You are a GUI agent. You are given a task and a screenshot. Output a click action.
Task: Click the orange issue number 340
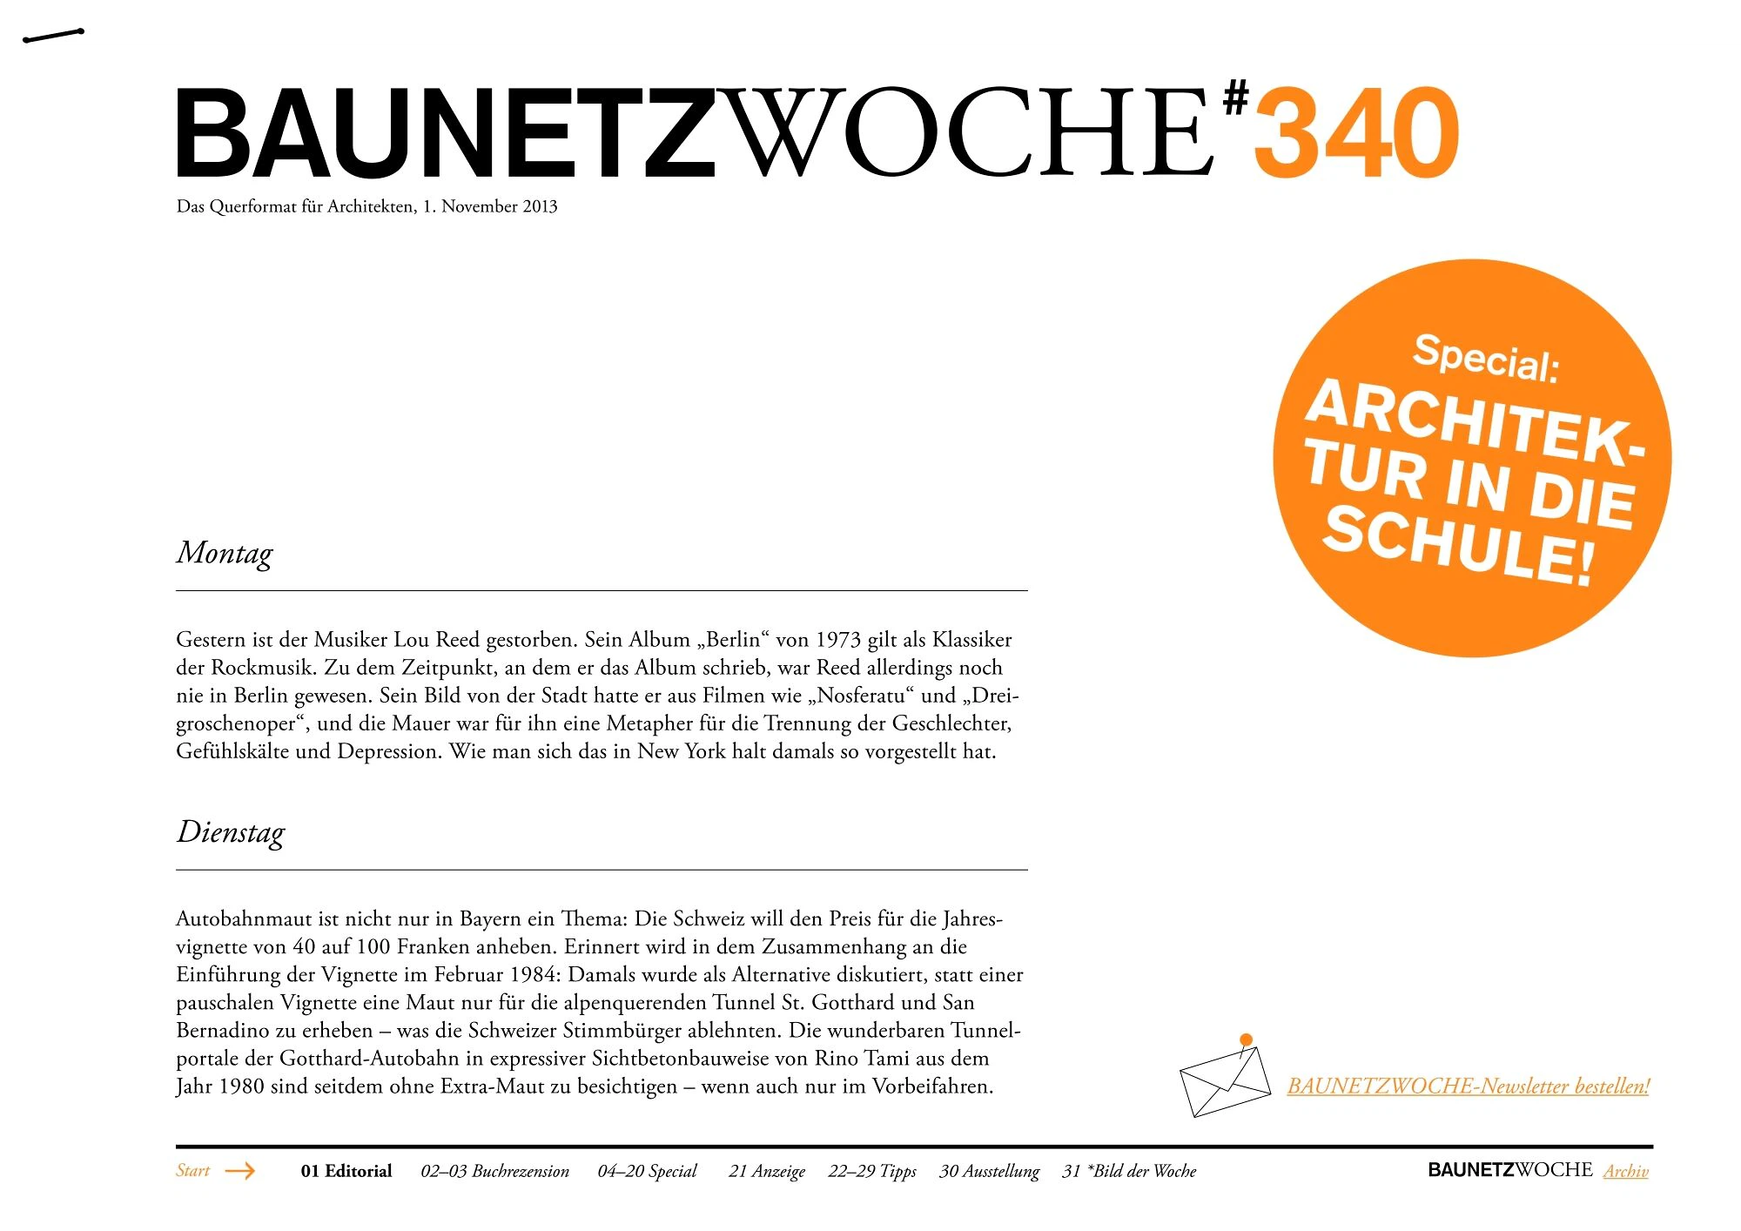tap(1355, 133)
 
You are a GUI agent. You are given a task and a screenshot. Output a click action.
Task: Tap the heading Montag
tap(225, 554)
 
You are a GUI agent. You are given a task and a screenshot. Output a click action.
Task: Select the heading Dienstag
tap(231, 832)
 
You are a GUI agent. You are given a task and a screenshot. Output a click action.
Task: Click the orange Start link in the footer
tap(192, 1170)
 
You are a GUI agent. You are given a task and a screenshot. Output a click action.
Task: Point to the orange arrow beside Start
tap(239, 1171)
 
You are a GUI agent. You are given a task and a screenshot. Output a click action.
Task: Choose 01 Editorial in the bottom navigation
tap(346, 1171)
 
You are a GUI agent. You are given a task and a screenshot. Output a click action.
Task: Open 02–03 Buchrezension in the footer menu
tap(494, 1171)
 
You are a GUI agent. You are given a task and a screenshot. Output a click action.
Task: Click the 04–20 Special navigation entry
tap(647, 1171)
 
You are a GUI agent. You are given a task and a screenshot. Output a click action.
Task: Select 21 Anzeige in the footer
tap(767, 1171)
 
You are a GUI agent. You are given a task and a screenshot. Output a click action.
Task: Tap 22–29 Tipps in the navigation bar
tap(872, 1171)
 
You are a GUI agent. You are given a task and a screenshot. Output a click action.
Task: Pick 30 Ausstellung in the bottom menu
tap(989, 1171)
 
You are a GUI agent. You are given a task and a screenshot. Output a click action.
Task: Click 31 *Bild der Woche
tap(1129, 1171)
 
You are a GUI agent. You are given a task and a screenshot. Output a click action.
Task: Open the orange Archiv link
tap(1626, 1171)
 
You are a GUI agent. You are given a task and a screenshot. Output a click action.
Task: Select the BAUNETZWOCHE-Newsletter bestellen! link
tap(1468, 1086)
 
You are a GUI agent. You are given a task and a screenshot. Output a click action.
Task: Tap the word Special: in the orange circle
tap(1486, 359)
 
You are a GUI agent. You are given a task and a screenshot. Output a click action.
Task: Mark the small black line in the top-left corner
tap(53, 36)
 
